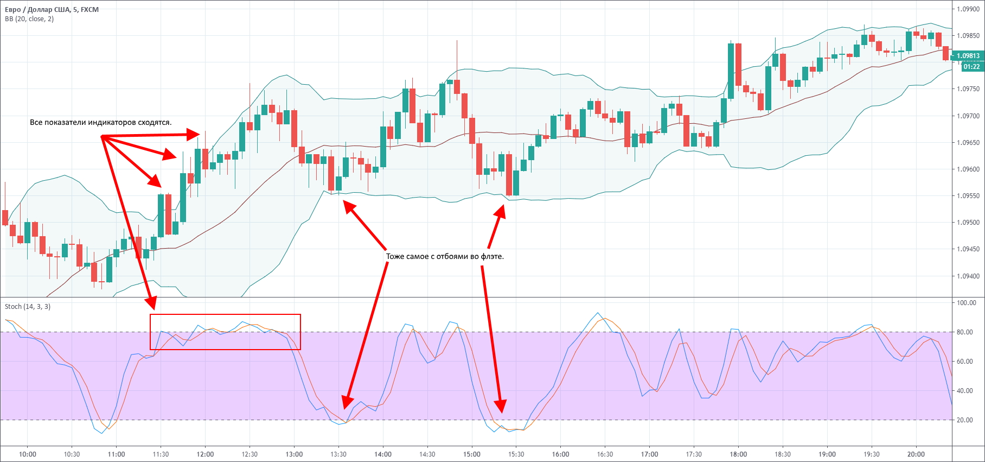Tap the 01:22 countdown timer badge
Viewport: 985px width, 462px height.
pyautogui.click(x=971, y=67)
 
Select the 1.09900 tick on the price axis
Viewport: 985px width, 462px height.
pyautogui.click(x=968, y=9)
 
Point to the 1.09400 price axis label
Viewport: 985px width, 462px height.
pyautogui.click(x=968, y=276)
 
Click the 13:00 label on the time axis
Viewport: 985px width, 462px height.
pyautogui.click(x=294, y=454)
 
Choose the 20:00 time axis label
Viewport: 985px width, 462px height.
pyautogui.click(x=916, y=454)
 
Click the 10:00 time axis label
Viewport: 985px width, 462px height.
pyautogui.click(x=28, y=454)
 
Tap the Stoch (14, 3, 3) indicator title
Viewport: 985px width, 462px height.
pyautogui.click(x=28, y=307)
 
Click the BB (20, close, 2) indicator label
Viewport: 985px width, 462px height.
pyautogui.click(x=29, y=19)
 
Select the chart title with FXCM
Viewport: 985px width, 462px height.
pyautogui.click(x=52, y=10)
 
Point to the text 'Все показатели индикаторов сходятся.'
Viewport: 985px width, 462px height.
pyautogui.click(x=100, y=123)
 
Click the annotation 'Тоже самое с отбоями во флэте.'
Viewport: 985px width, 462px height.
pyautogui.click(x=445, y=256)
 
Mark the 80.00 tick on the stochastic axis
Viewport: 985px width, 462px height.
pyautogui.click(x=965, y=332)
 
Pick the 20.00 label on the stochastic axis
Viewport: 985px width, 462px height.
pyautogui.click(x=965, y=420)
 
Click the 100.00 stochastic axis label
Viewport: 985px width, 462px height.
pyautogui.click(x=966, y=303)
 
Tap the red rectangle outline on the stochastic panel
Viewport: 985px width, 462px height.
pyautogui.click(x=225, y=315)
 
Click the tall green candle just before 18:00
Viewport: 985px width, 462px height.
pyautogui.click(x=731, y=71)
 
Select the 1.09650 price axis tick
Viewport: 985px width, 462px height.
pyautogui.click(x=968, y=143)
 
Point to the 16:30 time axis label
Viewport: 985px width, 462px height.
pyautogui.click(x=605, y=454)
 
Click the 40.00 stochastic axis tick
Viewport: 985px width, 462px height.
pyautogui.click(x=965, y=391)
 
